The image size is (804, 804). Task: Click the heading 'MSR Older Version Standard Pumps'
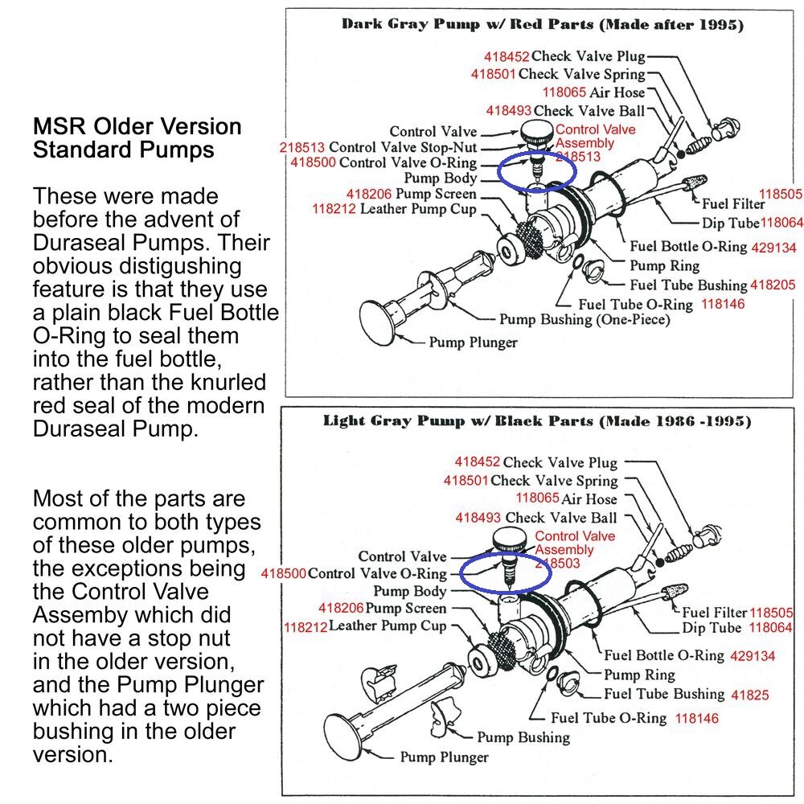pos(137,138)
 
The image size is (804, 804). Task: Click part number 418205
pos(773,285)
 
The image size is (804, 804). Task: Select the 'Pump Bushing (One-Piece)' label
pos(585,320)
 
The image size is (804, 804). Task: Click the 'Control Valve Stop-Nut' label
pos(403,148)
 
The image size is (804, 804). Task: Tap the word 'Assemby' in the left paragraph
pos(80,615)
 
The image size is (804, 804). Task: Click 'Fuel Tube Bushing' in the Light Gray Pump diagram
pos(664,694)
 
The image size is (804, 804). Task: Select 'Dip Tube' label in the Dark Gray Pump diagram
pos(730,223)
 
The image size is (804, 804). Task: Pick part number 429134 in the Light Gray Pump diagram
pos(753,656)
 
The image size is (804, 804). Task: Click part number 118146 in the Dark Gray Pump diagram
pos(723,305)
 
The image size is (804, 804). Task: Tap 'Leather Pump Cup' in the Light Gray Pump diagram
pos(388,626)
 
